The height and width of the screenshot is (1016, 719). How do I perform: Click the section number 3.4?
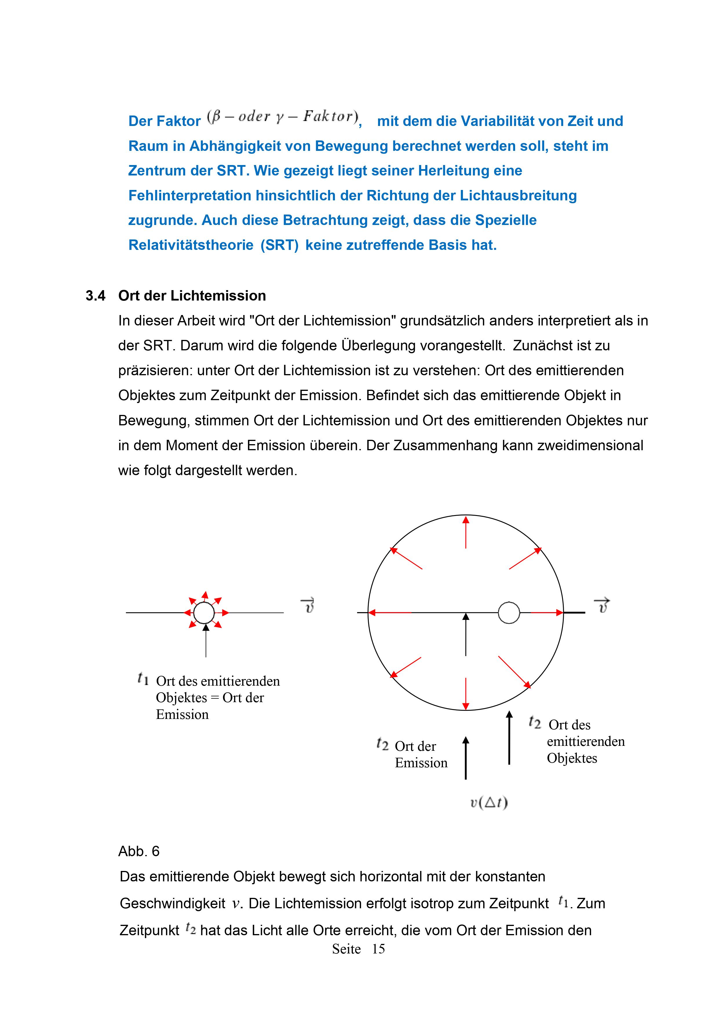click(x=95, y=296)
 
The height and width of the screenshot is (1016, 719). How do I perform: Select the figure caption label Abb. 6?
click(x=138, y=851)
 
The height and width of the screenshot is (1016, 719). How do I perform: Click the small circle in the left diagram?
click(x=204, y=613)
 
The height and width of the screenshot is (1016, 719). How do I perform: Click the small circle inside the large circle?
click(x=509, y=613)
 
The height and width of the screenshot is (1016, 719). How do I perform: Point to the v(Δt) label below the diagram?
click(x=489, y=802)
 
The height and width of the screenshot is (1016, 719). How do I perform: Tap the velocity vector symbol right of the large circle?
click(x=602, y=605)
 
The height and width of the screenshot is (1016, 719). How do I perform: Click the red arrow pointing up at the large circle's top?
click(x=466, y=532)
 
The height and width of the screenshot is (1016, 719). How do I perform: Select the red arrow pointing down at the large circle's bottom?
click(x=466, y=693)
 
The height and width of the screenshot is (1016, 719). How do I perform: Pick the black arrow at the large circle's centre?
click(x=466, y=634)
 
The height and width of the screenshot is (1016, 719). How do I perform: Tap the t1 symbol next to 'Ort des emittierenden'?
click(x=143, y=678)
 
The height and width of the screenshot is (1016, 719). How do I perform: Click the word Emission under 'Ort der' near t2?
click(x=421, y=763)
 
